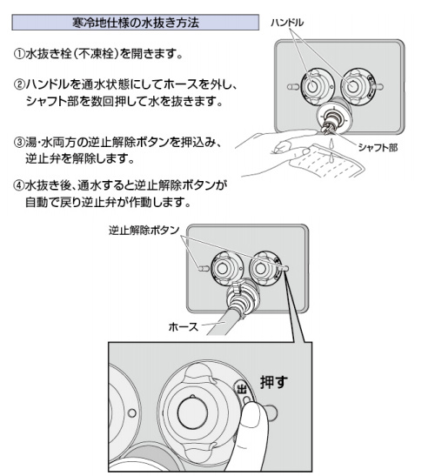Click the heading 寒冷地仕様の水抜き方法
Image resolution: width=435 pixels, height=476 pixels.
[136, 23]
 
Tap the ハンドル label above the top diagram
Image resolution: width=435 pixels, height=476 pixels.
[287, 23]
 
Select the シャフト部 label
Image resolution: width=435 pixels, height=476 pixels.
[378, 148]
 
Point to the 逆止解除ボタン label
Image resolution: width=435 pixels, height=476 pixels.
[144, 231]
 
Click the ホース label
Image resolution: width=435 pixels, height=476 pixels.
[184, 326]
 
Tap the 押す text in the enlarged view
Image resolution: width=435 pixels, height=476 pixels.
[273, 382]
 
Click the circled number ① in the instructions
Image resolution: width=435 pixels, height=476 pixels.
[19, 54]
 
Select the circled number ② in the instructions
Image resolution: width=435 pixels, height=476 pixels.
[19, 84]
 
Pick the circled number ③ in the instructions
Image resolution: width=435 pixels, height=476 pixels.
[19, 142]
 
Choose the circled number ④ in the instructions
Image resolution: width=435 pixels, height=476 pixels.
[19, 185]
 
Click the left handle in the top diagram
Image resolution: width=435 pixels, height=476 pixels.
[312, 86]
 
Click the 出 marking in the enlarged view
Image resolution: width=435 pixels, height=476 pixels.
[242, 389]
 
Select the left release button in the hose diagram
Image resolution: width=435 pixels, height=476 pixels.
[204, 268]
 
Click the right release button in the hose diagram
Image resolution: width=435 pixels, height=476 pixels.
[284, 268]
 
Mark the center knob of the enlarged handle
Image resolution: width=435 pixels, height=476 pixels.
[192, 412]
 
